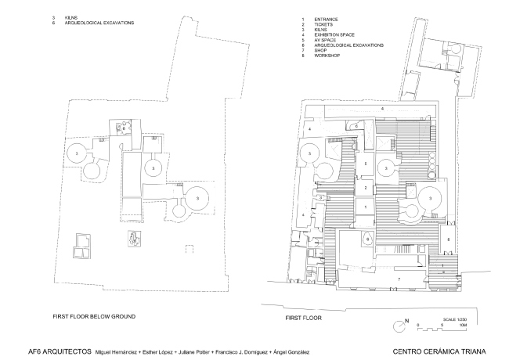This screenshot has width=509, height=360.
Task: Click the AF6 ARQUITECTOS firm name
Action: [x=58, y=351]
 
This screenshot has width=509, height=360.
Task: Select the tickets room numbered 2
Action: [x=365, y=189]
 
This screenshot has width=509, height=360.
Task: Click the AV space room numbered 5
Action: [x=365, y=163]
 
